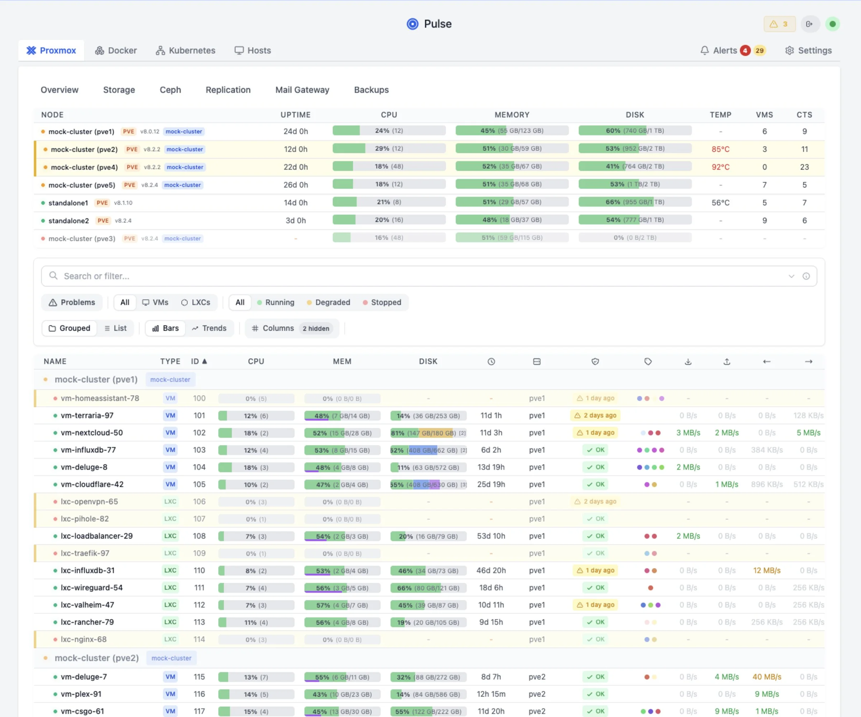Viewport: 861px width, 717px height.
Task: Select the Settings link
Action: pos(808,51)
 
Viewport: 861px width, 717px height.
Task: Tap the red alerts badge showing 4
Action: pos(745,51)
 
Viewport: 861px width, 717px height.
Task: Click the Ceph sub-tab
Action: pos(170,90)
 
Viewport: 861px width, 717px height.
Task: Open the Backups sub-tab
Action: pos(371,90)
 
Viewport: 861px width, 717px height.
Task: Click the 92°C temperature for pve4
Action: pos(720,167)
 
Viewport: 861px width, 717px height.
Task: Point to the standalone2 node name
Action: pos(69,221)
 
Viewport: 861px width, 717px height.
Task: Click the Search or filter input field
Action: pos(410,276)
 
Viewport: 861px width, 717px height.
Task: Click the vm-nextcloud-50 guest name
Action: pos(91,433)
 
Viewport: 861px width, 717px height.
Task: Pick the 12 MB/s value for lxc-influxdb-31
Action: pos(766,570)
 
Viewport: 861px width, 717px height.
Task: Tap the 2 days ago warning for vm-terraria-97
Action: pos(595,415)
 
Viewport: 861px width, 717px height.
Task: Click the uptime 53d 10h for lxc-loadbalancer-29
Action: pos(491,536)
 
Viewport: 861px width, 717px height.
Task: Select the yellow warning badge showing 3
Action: pos(779,24)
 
